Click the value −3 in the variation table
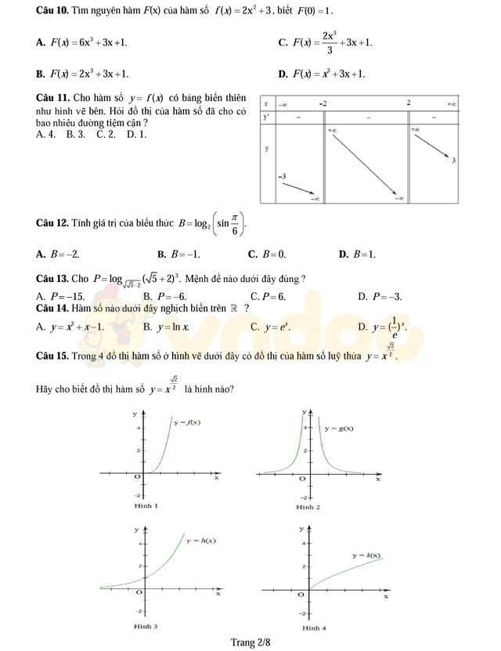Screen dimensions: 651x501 (x=283, y=176)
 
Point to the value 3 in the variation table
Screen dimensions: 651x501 (x=454, y=161)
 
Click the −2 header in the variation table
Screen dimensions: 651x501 (x=323, y=103)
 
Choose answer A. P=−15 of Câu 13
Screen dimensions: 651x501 (x=60, y=296)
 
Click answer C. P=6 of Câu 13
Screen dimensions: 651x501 (x=268, y=296)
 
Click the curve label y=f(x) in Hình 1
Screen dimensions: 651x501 (x=187, y=422)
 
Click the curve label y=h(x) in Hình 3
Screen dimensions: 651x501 (x=201, y=541)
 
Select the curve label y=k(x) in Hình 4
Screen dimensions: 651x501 (x=366, y=555)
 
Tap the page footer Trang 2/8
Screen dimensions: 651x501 (x=250, y=642)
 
